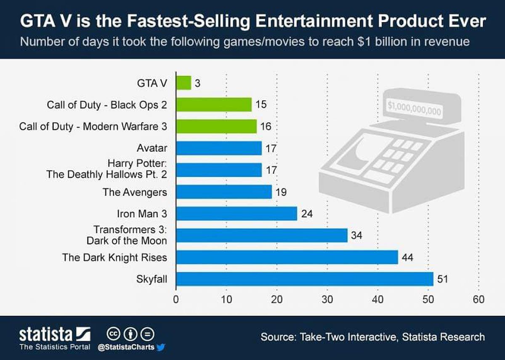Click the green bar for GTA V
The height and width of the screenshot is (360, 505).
click(183, 83)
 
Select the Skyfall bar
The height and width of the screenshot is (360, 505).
click(304, 279)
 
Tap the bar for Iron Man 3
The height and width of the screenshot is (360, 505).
click(237, 213)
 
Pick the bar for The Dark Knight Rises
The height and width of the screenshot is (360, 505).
click(287, 257)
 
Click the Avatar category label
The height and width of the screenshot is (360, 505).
click(151, 148)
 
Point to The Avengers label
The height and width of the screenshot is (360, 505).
click(135, 192)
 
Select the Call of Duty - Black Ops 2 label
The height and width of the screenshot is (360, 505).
click(106, 104)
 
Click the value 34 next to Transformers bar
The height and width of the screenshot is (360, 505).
click(356, 235)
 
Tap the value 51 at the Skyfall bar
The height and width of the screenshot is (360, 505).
click(442, 279)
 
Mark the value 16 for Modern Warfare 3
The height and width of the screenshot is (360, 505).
click(266, 126)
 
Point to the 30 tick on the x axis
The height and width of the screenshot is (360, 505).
click(327, 300)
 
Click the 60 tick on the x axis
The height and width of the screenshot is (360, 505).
click(478, 300)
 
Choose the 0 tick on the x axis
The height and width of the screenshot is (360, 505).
click(176, 300)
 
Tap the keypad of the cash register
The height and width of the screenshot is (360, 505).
click(396, 156)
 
